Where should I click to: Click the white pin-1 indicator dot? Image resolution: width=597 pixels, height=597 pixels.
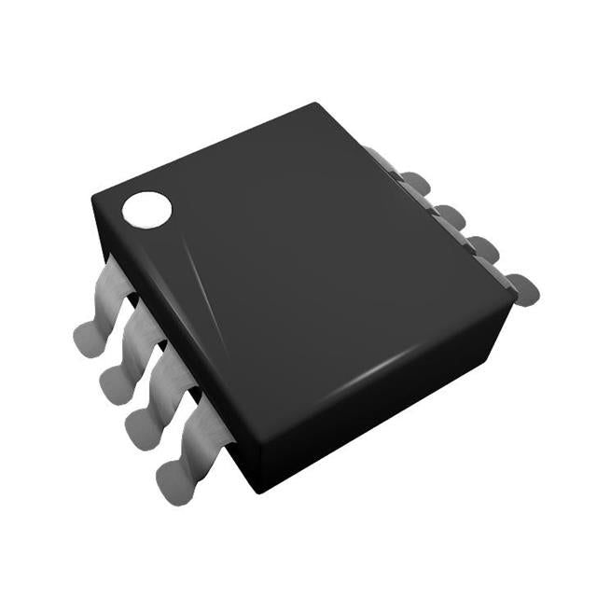click(x=147, y=209)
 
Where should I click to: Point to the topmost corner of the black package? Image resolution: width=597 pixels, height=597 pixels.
click(x=316, y=104)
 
